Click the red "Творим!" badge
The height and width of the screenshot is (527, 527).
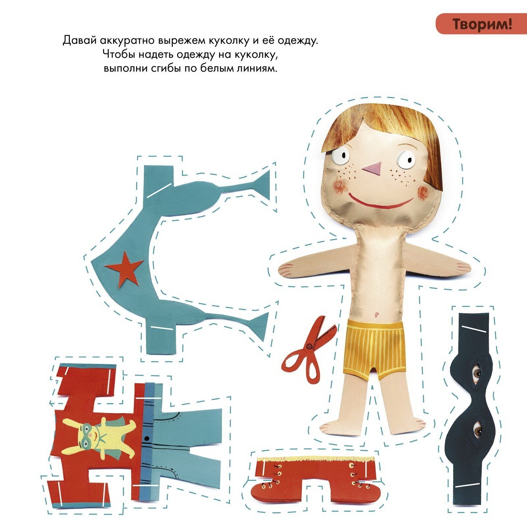[481, 24]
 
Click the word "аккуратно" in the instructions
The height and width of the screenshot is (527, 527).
[128, 41]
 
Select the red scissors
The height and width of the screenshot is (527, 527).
[309, 350]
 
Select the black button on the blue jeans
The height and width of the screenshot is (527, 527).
[147, 438]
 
